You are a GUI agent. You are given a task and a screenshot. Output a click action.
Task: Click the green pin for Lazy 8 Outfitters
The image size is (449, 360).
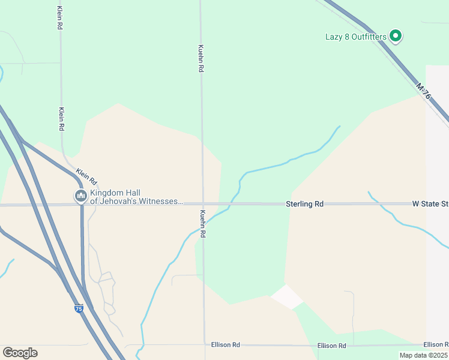click(396, 36)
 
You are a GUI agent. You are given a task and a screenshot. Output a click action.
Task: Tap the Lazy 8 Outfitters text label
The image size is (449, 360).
click(356, 37)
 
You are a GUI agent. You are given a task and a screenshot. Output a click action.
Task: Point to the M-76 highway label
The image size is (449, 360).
click(423, 92)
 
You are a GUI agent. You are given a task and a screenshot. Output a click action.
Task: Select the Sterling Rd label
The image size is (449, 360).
click(304, 204)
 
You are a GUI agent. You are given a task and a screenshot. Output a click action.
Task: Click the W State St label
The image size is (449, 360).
click(430, 204)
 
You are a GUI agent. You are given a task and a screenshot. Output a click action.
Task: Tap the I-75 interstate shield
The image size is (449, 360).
click(79, 308)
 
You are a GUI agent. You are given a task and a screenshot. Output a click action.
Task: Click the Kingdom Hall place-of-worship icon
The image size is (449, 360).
click(80, 196)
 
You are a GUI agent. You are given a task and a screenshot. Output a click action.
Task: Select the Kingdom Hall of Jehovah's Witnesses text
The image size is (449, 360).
click(136, 197)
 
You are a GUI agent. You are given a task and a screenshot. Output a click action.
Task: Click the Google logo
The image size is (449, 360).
click(20, 353)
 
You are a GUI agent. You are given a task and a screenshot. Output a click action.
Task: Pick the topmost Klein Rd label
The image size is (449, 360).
click(59, 19)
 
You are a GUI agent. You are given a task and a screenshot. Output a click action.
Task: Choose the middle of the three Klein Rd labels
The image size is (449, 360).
click(61, 119)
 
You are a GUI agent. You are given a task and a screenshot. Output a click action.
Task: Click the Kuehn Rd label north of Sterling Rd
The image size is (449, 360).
click(201, 58)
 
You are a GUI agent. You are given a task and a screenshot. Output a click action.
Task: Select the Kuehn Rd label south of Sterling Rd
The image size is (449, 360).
click(203, 224)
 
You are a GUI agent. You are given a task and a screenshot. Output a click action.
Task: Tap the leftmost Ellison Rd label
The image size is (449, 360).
click(226, 345)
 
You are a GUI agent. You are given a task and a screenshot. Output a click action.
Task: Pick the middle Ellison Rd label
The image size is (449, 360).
click(332, 346)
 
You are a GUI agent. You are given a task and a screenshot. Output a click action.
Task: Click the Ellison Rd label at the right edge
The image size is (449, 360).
click(435, 344)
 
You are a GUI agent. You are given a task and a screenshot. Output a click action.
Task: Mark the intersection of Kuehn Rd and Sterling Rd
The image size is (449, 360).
click(202, 204)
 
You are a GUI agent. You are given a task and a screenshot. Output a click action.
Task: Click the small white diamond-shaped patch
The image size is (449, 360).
click(287, 296)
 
